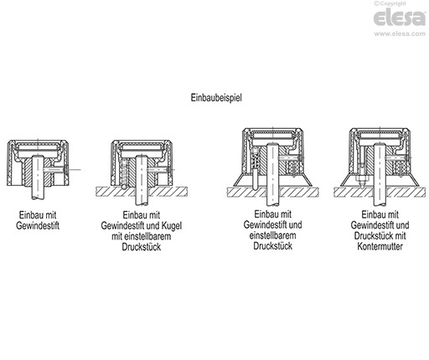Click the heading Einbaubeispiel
216,98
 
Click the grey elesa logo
400,18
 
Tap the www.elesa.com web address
400,33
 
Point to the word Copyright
393,3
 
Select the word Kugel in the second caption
172,226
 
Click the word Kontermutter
380,246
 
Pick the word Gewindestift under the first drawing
38,225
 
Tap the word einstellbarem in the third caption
272,235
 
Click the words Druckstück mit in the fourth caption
380,236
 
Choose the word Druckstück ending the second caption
142,247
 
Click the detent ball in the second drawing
124,187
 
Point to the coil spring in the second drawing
125,172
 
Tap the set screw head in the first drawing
66,169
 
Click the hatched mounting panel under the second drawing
142,192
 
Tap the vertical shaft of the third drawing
272,174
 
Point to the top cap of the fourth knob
380,131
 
